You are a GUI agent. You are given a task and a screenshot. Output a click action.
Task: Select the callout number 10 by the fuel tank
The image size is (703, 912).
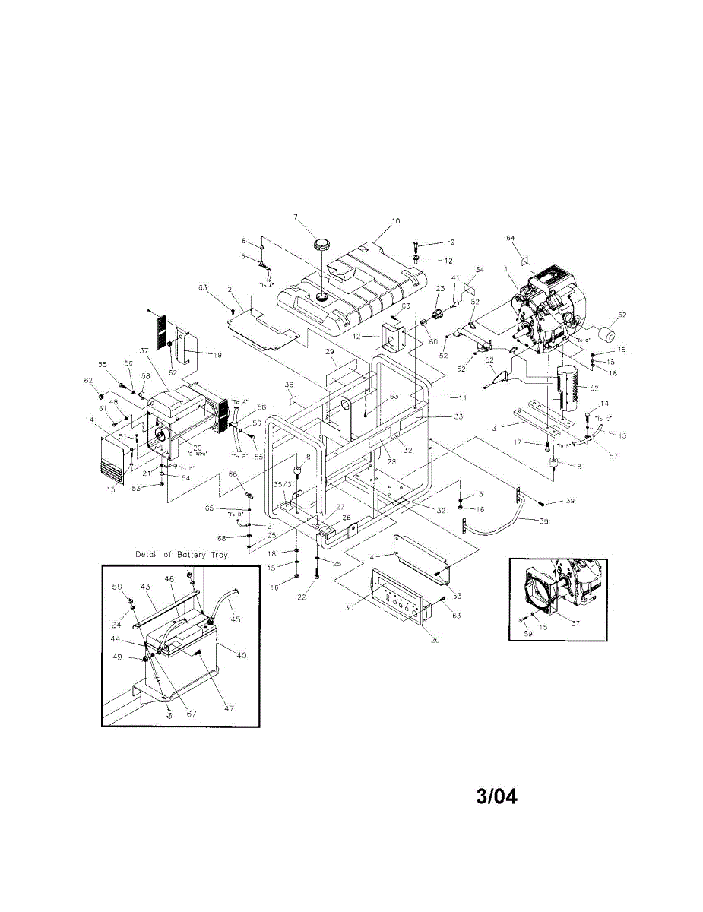[395, 222]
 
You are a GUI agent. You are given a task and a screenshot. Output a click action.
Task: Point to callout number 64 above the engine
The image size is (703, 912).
[511, 238]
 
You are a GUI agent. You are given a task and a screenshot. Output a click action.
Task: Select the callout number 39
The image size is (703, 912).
[570, 502]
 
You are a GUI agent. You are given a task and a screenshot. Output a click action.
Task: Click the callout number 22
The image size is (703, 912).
[301, 597]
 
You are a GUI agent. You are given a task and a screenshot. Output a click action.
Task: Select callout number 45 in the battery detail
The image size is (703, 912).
[235, 619]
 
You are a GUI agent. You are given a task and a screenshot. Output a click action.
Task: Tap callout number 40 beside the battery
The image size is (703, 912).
[242, 654]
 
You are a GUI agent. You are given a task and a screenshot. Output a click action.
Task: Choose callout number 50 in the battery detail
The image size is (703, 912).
[117, 586]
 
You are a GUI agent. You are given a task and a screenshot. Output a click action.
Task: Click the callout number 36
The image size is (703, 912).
[289, 385]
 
